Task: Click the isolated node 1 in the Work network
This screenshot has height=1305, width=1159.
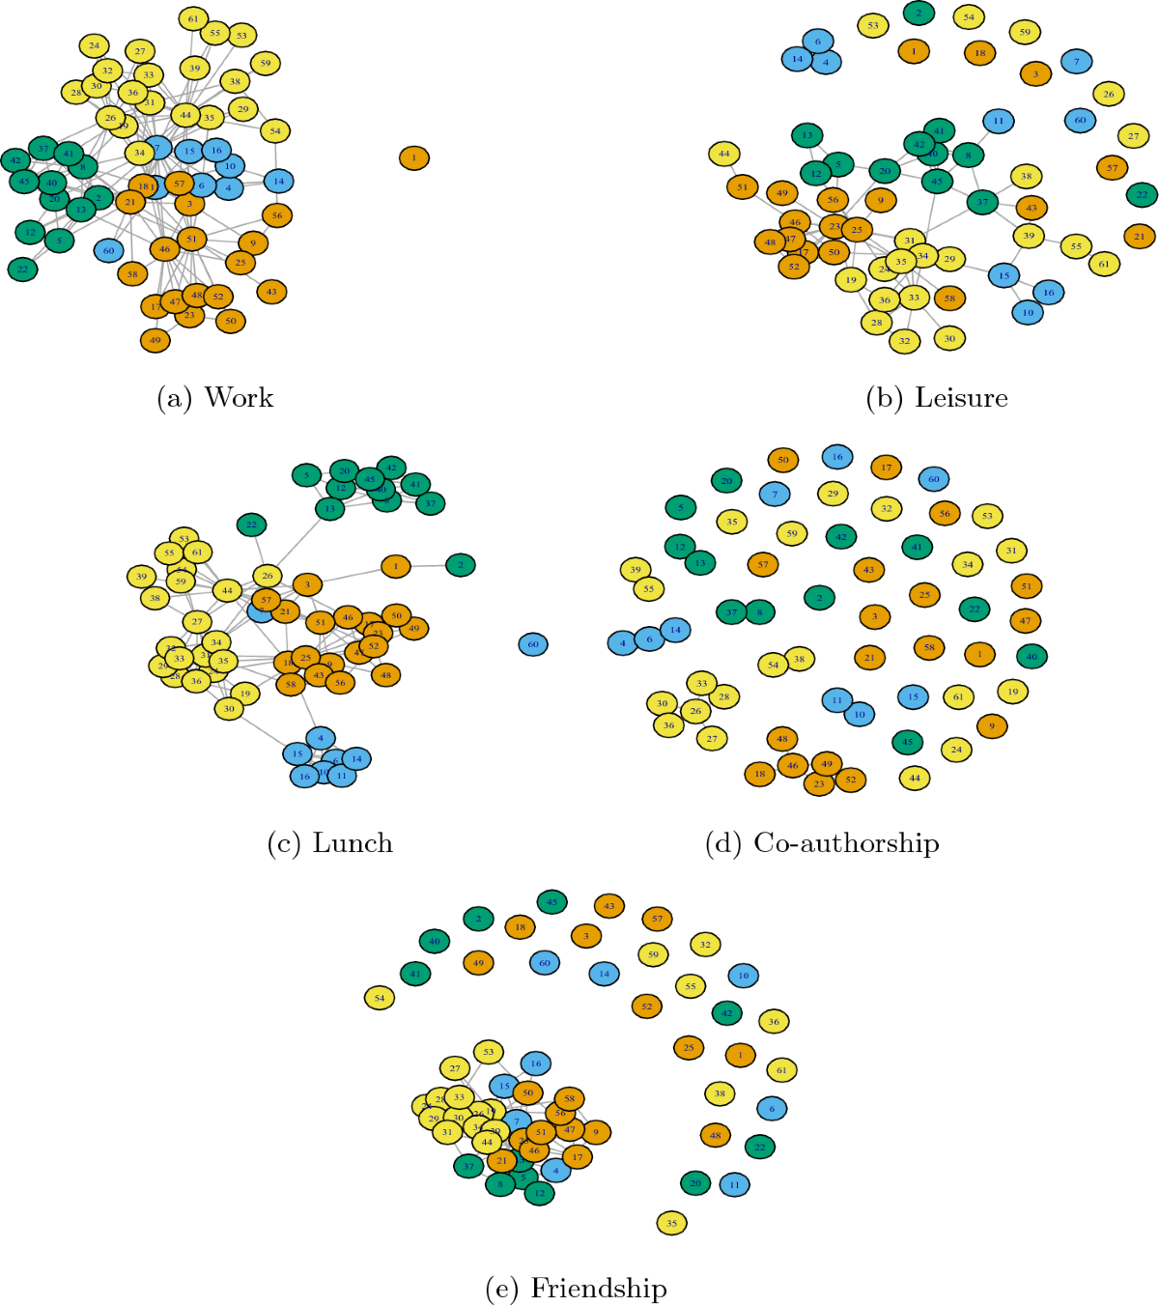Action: pos(414,157)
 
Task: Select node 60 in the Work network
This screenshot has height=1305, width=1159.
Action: pos(108,250)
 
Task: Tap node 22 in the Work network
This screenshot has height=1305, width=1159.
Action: pos(23,270)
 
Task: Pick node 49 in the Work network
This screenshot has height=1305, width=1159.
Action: pos(155,340)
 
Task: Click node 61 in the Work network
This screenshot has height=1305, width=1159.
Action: pos(194,18)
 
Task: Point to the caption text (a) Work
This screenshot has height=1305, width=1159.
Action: pos(215,398)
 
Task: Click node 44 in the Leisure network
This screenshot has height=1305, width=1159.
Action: pos(723,153)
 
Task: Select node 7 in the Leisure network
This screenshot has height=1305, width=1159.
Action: pos(1076,62)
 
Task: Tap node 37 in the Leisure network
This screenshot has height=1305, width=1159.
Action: pos(982,202)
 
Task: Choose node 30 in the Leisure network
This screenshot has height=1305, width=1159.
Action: pos(949,338)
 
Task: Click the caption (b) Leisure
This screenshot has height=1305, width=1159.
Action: pos(937,398)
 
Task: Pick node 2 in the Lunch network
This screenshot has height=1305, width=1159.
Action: pos(461,565)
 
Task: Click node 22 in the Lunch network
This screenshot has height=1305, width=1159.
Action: pos(251,525)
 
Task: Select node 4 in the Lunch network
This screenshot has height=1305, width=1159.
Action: pos(321,738)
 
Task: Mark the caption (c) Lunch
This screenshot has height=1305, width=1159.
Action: pos(330,843)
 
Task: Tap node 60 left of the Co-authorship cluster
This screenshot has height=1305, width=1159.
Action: pos(533,644)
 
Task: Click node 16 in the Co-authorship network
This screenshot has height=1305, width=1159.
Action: pos(837,457)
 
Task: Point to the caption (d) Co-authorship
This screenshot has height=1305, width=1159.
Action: pos(822,843)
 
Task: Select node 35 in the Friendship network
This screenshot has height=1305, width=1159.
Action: pos(671,1223)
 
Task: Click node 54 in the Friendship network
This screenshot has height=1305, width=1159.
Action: pos(380,998)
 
